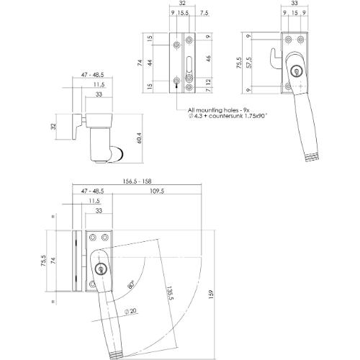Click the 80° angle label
(130, 286)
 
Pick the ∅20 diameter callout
(130, 311)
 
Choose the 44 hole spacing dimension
(151, 63)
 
